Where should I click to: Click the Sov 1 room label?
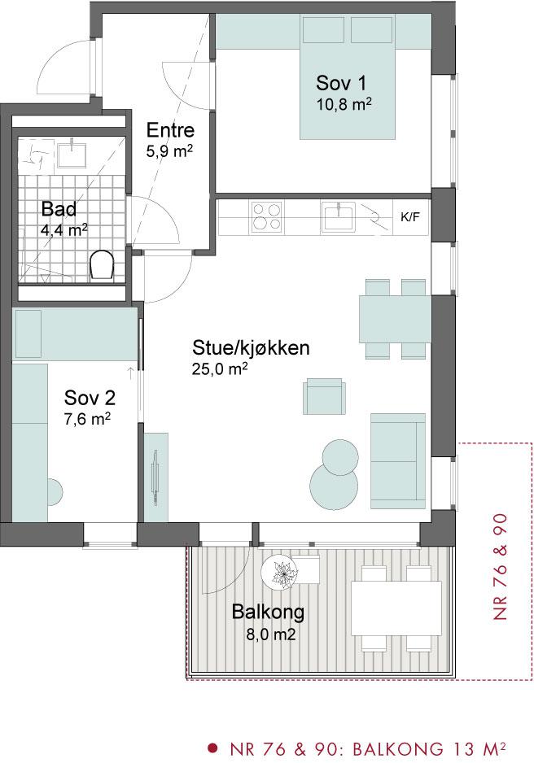click(x=341, y=83)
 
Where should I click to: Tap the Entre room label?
click(x=170, y=130)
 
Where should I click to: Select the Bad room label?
click(x=59, y=209)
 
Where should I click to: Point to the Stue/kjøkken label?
click(x=251, y=348)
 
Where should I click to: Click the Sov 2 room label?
click(x=90, y=398)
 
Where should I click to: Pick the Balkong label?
click(x=268, y=612)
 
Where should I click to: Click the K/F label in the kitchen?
click(x=410, y=217)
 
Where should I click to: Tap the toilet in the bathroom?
click(x=102, y=265)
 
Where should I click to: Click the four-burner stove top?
click(x=267, y=216)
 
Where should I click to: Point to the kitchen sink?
click(x=339, y=217)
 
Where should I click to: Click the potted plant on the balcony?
click(x=282, y=573)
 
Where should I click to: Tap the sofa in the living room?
click(x=398, y=461)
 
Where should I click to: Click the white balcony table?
click(x=396, y=608)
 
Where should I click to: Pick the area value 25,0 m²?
click(x=220, y=369)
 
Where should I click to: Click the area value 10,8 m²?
click(x=344, y=104)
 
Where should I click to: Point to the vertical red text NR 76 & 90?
click(x=500, y=567)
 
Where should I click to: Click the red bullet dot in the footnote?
click(x=212, y=747)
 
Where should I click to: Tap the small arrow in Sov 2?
click(x=130, y=373)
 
